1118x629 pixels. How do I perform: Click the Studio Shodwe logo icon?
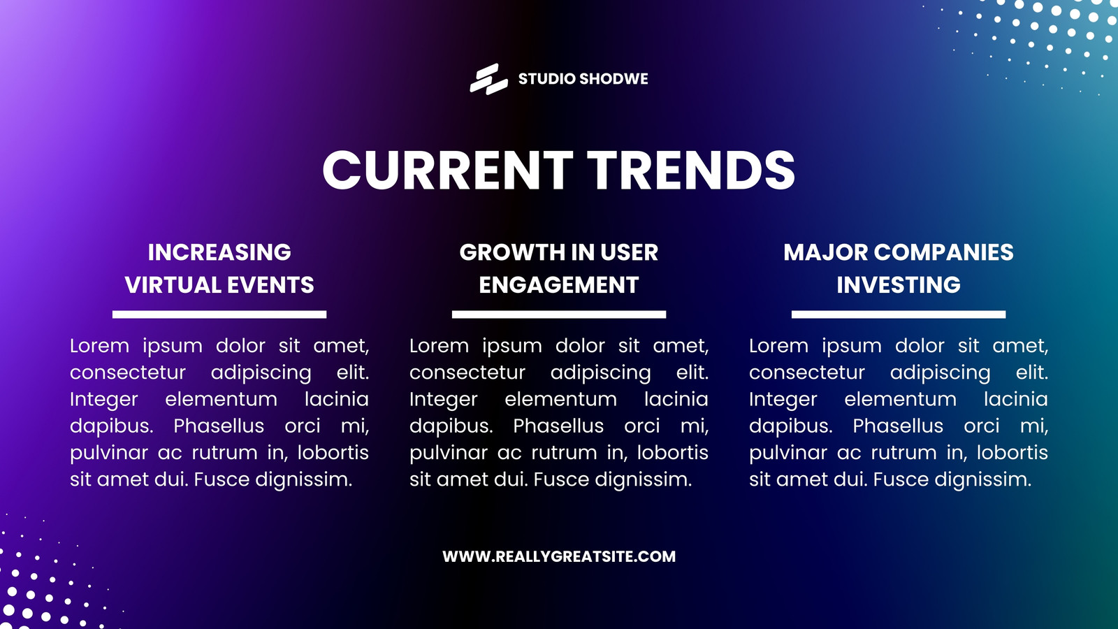pos(488,79)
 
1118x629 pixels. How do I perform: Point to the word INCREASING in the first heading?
pos(219,252)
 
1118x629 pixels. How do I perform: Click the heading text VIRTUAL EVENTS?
pos(219,285)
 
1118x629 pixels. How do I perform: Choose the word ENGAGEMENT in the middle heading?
pos(559,285)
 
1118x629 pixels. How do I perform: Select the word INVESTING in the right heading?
pos(899,285)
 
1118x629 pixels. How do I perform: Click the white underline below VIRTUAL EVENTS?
pos(219,314)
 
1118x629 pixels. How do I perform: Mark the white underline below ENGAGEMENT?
pos(559,314)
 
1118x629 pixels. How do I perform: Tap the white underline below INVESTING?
pos(899,314)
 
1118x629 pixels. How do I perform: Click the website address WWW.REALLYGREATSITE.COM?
pos(559,556)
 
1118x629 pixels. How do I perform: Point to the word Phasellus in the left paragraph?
pos(219,426)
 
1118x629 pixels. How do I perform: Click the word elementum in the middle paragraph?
pos(560,399)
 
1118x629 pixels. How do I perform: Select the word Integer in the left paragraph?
pos(104,400)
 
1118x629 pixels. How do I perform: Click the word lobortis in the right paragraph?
pos(1012,452)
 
